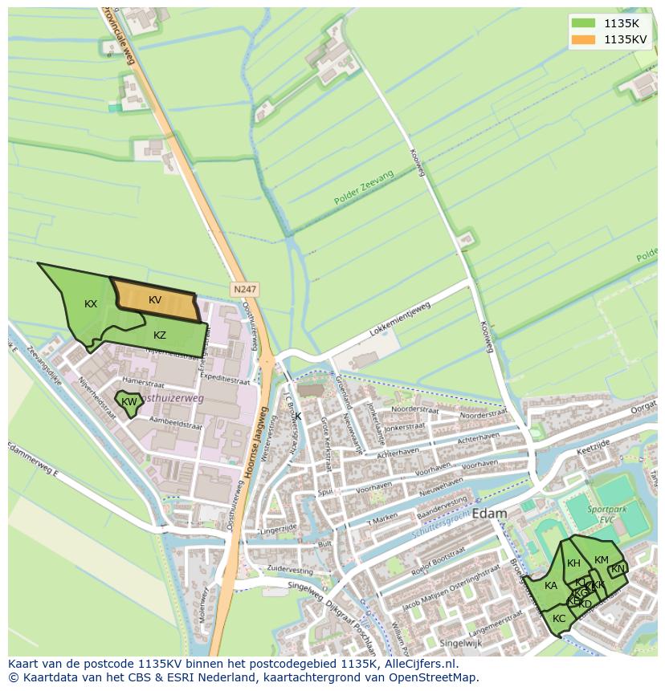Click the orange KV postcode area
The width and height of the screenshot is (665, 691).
pyautogui.click(x=156, y=301)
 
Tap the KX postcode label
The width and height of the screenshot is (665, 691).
pyautogui.click(x=91, y=304)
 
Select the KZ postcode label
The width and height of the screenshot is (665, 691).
pyautogui.click(x=160, y=335)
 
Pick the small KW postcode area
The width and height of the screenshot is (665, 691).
pyautogui.click(x=129, y=402)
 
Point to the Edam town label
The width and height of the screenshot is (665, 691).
pyautogui.click(x=490, y=514)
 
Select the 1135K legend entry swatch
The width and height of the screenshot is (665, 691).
pyautogui.click(x=583, y=23)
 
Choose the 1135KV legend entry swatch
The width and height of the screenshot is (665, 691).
pyautogui.click(x=583, y=39)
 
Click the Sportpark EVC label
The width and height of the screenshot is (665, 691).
pyautogui.click(x=609, y=514)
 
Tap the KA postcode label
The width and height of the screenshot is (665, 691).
pyautogui.click(x=551, y=586)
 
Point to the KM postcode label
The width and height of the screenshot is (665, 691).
pyautogui.click(x=602, y=560)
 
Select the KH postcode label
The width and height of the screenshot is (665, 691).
pyautogui.click(x=573, y=563)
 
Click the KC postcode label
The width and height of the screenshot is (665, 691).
pyautogui.click(x=559, y=618)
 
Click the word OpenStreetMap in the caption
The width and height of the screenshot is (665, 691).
pyautogui.click(x=434, y=677)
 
